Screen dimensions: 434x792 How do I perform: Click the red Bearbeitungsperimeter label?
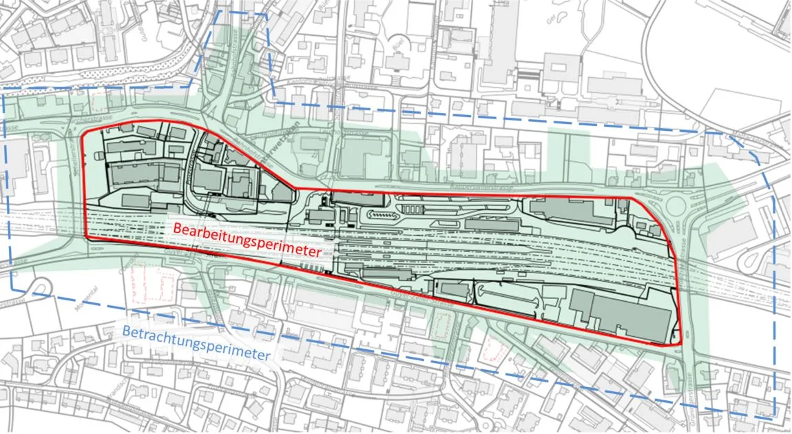[x=247, y=239]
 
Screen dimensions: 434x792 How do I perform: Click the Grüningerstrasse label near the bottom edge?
[x=688, y=400]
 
